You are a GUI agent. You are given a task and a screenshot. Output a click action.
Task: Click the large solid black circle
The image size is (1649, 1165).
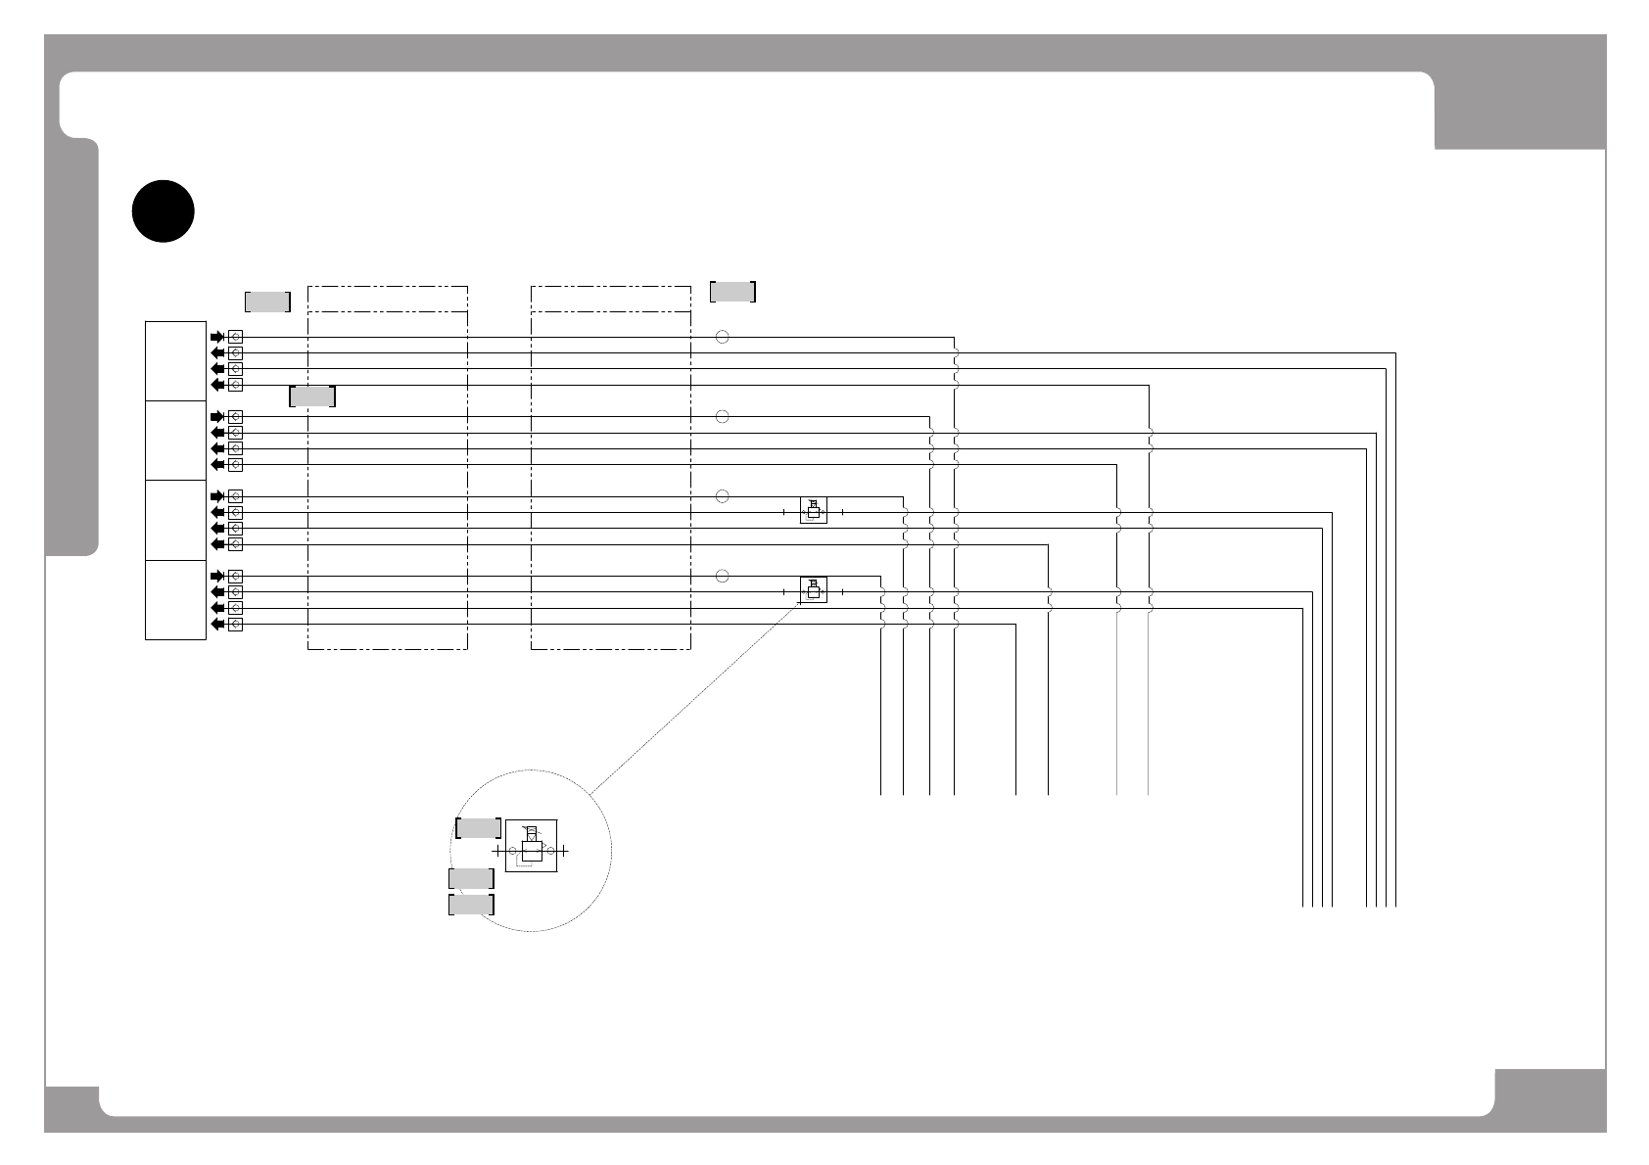coord(165,210)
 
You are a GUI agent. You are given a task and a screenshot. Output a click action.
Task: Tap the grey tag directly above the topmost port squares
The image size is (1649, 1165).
coord(267,302)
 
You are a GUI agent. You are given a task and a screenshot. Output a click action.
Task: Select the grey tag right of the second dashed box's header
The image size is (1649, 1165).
coord(732,292)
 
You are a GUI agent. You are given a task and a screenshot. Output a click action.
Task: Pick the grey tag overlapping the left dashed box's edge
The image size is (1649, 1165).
coord(312,396)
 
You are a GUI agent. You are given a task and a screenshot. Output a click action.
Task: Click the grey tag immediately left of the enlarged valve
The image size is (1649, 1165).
coord(479,828)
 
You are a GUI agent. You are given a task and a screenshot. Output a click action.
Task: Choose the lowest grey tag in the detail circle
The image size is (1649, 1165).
coord(471,905)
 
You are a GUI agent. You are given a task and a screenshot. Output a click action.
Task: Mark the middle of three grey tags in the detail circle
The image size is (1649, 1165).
coord(471,878)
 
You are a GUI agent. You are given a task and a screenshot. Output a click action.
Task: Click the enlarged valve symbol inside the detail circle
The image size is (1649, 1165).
coord(531,846)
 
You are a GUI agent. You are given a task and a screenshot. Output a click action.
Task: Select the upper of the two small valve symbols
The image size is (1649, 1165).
coord(813,510)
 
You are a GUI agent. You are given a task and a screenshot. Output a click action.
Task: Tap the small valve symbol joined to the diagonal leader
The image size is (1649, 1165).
coord(813,589)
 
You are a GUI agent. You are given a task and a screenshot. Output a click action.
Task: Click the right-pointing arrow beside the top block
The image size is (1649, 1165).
coord(216,337)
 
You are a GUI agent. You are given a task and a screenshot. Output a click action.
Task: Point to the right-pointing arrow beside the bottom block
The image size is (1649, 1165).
coord(216,577)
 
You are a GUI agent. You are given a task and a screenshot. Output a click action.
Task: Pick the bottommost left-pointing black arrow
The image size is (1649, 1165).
coord(216,625)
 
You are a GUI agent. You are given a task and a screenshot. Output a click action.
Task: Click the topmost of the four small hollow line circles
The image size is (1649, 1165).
coord(722,337)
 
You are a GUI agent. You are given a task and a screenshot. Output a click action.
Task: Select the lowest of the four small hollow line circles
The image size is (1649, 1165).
coord(722,576)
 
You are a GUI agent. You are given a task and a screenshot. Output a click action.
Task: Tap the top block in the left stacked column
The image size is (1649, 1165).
coord(175,360)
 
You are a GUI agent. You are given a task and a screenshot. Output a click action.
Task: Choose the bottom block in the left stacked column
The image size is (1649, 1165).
coord(175,599)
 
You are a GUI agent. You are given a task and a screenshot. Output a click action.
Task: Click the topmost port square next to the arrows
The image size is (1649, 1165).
coord(235,337)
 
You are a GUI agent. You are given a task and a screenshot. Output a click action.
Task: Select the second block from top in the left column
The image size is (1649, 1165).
coord(175,441)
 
